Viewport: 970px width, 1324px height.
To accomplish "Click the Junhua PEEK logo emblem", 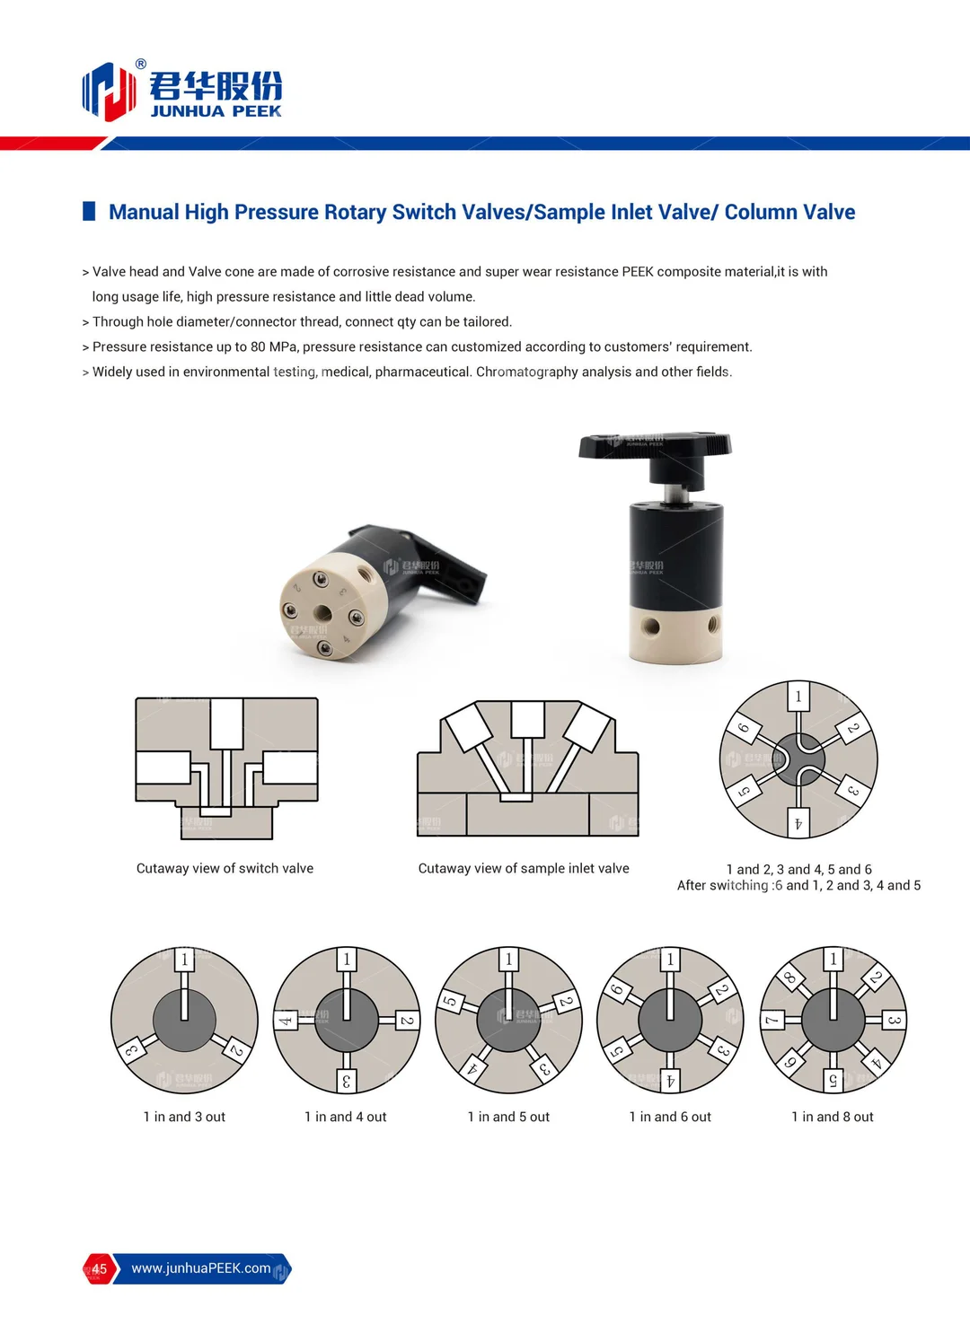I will coord(109,91).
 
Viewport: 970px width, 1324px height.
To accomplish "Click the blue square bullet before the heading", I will coord(89,212).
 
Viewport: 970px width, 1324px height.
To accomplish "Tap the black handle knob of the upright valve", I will coord(656,443).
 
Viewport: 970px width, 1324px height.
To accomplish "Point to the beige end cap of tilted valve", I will coord(323,610).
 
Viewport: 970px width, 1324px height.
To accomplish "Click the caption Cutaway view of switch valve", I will coord(225,869).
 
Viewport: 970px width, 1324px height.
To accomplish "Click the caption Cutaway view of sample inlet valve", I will coord(524,869).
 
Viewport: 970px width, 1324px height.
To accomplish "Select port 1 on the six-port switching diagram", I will coord(798,697).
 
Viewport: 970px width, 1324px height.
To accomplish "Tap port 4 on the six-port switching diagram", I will coord(798,823).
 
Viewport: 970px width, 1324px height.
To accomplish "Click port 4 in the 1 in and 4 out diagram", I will coord(285,1021).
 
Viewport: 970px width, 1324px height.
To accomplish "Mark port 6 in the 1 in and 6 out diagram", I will coord(616,991).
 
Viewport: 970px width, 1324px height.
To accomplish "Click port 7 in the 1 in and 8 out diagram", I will coord(772,1021).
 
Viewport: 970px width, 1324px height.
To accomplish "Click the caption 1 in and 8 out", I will coord(832,1118).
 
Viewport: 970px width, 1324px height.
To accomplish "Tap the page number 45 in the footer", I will coord(99,1269).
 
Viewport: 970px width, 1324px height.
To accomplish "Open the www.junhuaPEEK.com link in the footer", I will coord(200,1269).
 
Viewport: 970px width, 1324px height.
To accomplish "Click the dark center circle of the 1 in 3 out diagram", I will coord(184,1021).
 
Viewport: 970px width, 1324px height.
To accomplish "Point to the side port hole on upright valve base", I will coord(652,627).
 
